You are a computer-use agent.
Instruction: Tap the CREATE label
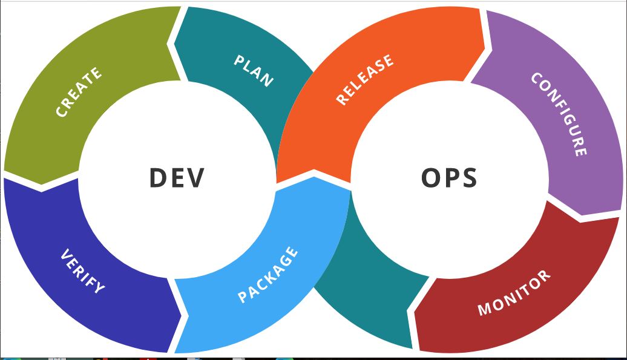(x=79, y=93)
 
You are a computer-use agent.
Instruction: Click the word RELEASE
(x=365, y=79)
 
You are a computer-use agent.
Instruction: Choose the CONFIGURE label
(x=559, y=114)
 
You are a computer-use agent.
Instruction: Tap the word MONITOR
(x=514, y=293)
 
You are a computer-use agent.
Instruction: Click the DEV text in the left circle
(x=177, y=178)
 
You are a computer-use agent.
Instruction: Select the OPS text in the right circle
(x=449, y=178)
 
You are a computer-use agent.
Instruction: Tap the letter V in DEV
(x=195, y=178)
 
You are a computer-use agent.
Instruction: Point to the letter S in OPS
(x=468, y=178)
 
